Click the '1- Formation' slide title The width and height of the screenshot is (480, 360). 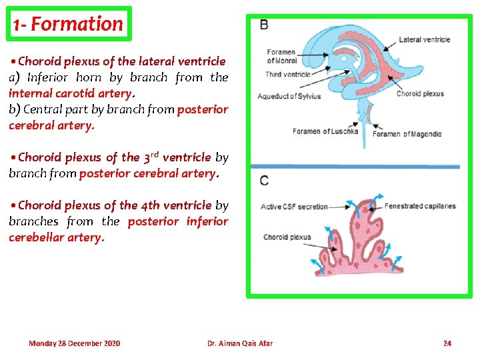coord(69,24)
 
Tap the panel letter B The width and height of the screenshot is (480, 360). coord(265,25)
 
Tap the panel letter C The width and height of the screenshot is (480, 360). coord(265,180)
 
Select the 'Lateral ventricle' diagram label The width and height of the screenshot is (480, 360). coord(424,39)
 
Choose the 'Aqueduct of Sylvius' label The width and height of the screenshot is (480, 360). coord(289,96)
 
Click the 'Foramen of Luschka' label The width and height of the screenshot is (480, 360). coord(325,131)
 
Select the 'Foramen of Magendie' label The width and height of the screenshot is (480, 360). coord(407,134)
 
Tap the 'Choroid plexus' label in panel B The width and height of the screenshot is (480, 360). coord(420,94)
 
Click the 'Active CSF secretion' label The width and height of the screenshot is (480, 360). coord(293,207)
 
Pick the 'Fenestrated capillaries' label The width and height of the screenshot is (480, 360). coord(420,206)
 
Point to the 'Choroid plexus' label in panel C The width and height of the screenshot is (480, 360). coord(287,237)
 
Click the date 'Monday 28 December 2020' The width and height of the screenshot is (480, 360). coord(74,343)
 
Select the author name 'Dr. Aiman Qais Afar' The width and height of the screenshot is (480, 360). coord(239,343)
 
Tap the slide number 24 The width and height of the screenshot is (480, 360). coord(447,343)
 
